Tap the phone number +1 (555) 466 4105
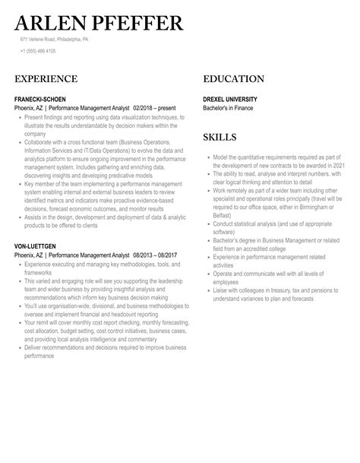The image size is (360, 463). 38,51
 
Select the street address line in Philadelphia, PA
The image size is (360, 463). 55,39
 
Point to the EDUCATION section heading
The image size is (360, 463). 234,79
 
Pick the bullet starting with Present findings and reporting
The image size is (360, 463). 103,118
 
